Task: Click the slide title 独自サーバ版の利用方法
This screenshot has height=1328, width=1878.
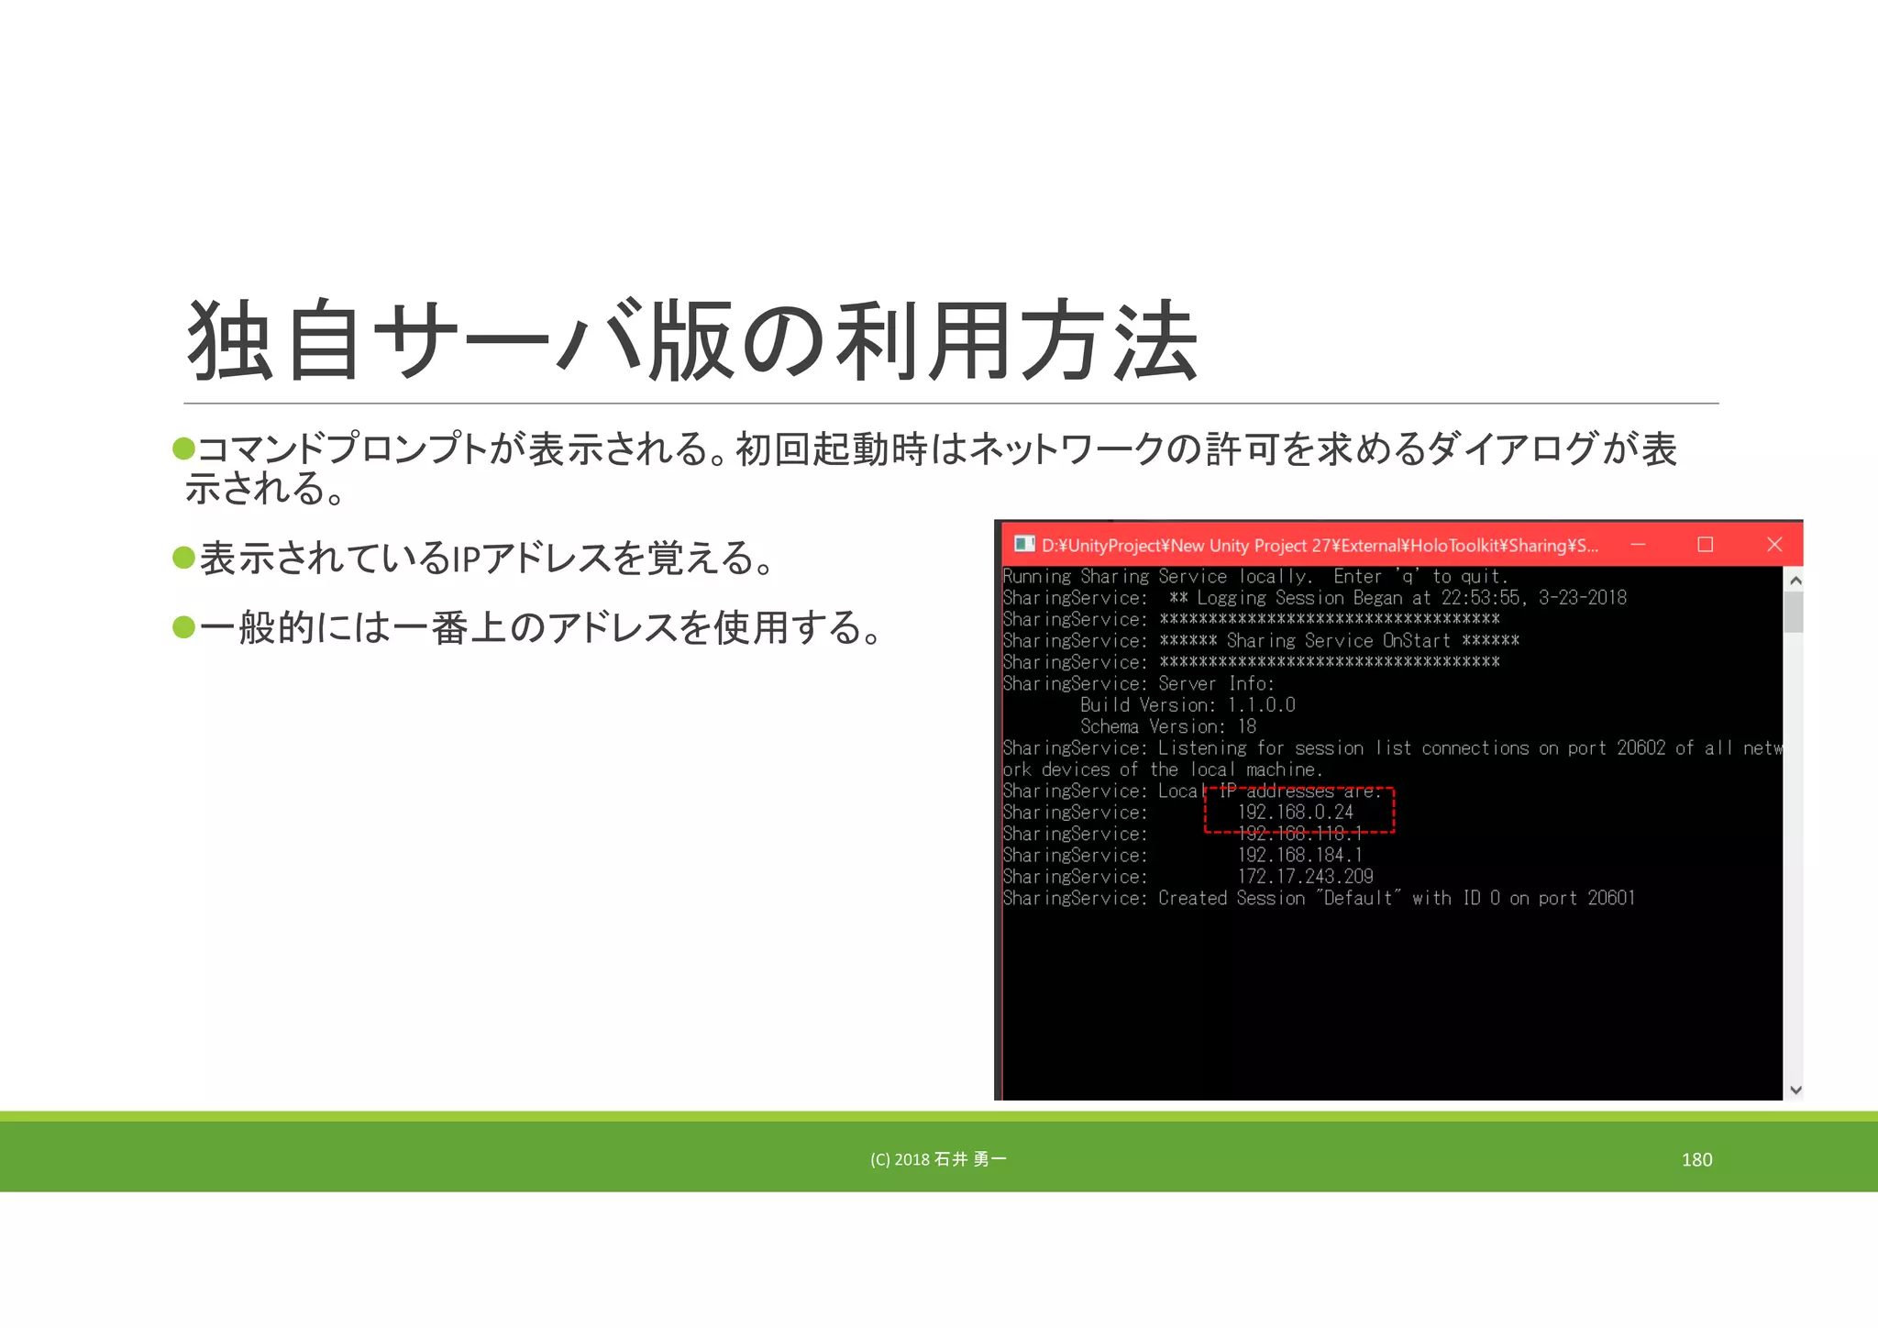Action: tap(692, 341)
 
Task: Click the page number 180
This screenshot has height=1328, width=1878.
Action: tap(1696, 1159)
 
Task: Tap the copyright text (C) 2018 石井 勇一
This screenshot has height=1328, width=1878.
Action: tap(938, 1159)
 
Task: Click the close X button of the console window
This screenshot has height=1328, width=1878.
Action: tap(1774, 545)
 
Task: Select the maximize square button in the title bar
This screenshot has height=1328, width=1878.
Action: tap(1706, 545)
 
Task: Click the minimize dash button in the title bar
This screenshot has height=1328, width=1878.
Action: tap(1638, 545)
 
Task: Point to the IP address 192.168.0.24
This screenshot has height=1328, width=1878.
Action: tap(1296, 813)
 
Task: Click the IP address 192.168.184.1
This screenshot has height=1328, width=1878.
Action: tap(1299, 856)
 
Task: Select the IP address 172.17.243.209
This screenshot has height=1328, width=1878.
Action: tap(1305, 877)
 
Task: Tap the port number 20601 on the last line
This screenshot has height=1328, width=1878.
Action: tap(1611, 899)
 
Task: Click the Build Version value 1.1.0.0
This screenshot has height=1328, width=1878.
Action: tap(1262, 705)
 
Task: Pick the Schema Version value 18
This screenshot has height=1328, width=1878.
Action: tap(1247, 727)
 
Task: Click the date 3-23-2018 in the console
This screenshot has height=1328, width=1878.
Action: tap(1583, 598)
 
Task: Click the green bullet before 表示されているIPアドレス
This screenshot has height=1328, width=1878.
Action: tap(184, 558)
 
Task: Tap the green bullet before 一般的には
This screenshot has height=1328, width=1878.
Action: tap(184, 627)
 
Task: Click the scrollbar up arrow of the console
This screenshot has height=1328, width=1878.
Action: tap(1795, 581)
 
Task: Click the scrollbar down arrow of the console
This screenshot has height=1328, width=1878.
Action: tap(1795, 1090)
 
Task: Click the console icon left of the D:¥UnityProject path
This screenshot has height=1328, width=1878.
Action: tap(1024, 545)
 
